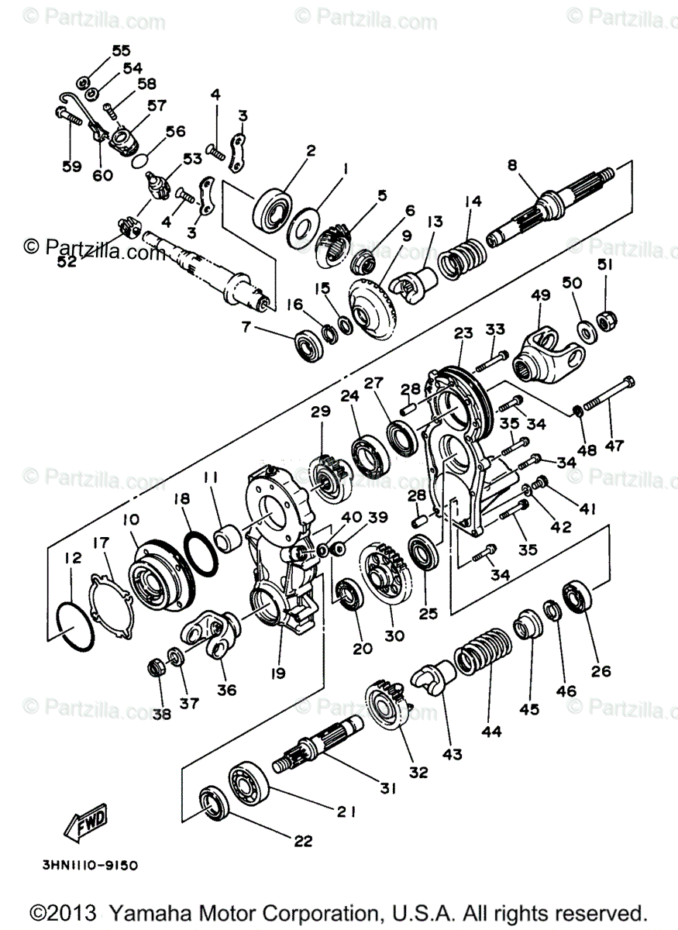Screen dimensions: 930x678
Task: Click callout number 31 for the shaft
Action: [387, 788]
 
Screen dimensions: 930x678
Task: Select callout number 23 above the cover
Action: [463, 333]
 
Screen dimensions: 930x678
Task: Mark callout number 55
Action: [121, 51]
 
